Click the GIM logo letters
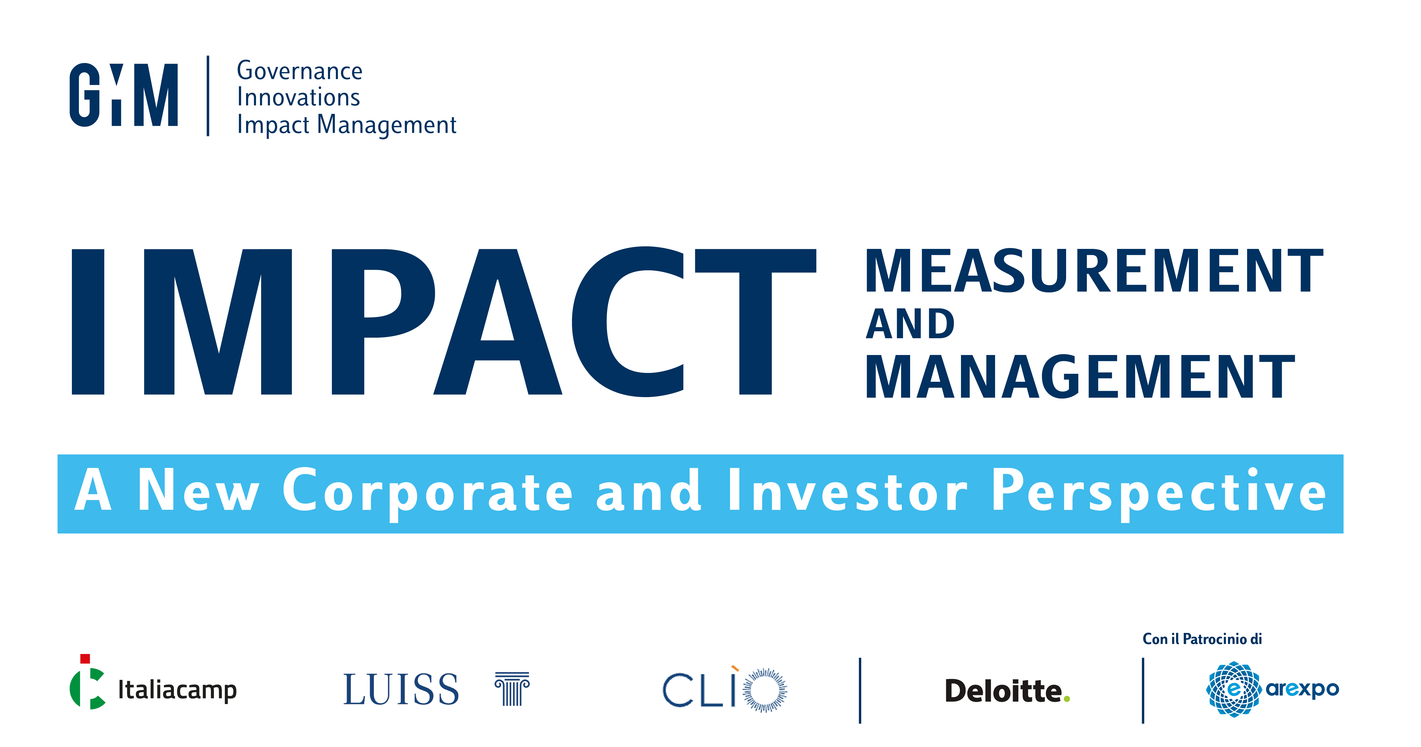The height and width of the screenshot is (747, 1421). coord(124,95)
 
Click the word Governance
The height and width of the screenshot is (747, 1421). coord(299,71)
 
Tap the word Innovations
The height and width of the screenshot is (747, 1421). coord(298,97)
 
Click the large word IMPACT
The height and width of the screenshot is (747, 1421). coord(444,321)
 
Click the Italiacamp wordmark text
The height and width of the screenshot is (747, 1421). coord(178,690)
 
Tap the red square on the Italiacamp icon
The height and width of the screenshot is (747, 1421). coord(85,659)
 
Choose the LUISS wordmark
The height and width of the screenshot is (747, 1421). coord(401,690)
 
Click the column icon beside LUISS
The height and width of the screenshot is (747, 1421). coord(512,689)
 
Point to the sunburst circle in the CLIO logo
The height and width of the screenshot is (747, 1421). coord(765,690)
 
